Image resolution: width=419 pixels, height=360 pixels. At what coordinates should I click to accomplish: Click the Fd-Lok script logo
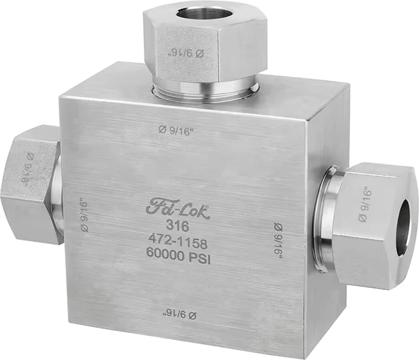click(x=177, y=209)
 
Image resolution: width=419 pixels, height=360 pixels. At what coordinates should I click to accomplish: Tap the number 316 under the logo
click(x=177, y=226)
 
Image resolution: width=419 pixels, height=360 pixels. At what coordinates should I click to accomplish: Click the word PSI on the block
click(x=200, y=258)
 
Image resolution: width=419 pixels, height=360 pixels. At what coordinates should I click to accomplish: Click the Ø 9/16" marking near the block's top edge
click(x=176, y=131)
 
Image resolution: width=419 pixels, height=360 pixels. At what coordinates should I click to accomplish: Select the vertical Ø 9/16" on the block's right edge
click(x=278, y=241)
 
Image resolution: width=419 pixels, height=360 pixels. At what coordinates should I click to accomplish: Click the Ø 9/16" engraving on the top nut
click(x=186, y=53)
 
